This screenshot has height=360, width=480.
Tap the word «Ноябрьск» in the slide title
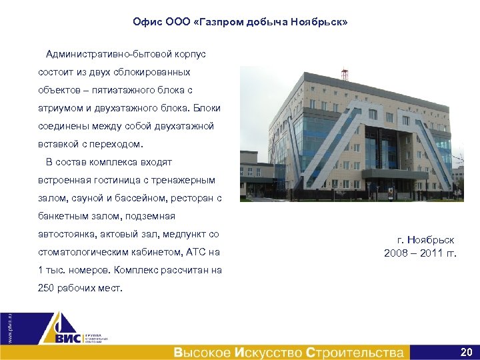[x=321, y=23]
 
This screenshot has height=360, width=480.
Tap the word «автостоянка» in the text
[x=65, y=234]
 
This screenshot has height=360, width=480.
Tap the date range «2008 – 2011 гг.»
[x=420, y=253]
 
